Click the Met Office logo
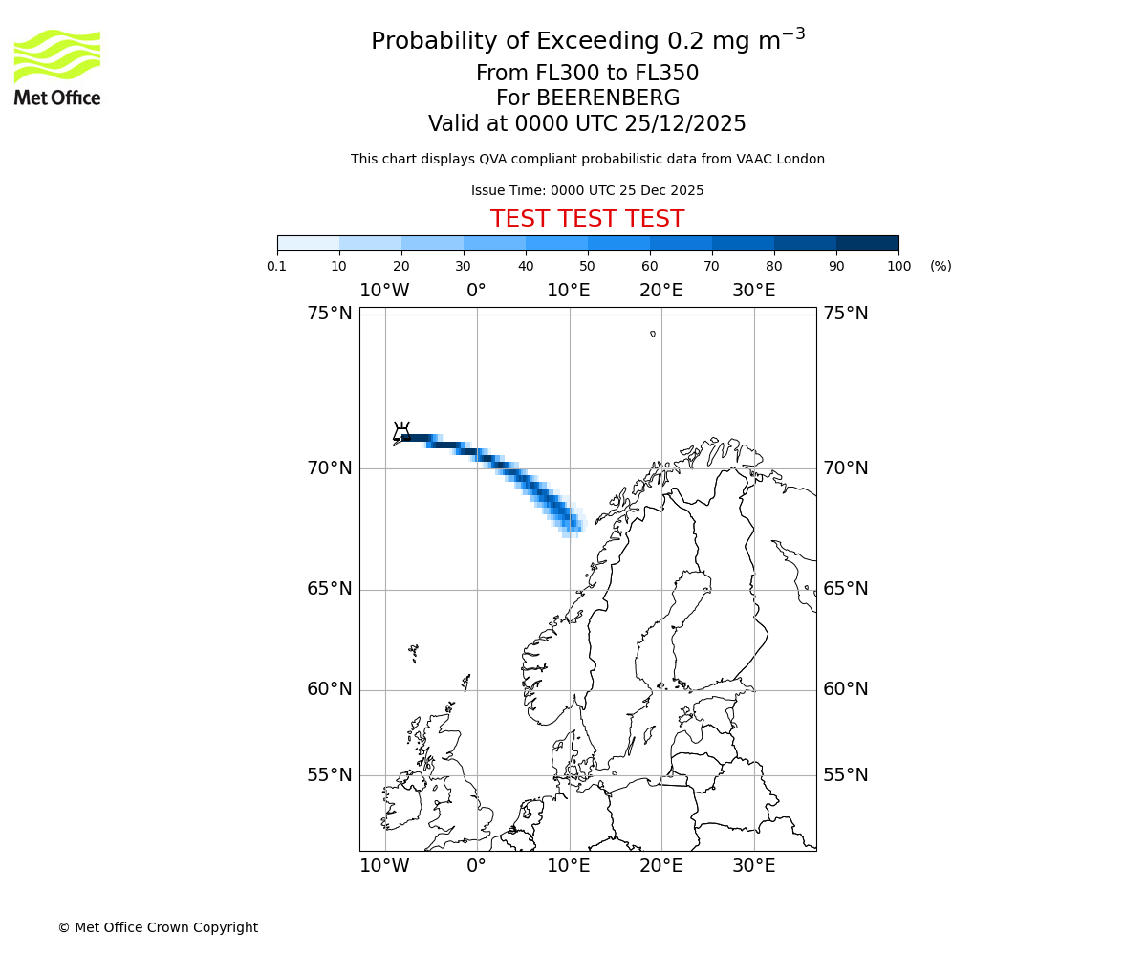pyautogui.click(x=57, y=67)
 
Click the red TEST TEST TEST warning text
pyautogui.click(x=587, y=220)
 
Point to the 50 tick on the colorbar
pyautogui.click(x=588, y=266)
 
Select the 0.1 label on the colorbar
pyautogui.click(x=277, y=266)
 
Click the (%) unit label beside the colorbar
pyautogui.click(x=941, y=266)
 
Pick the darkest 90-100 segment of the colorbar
pyautogui.click(x=867, y=243)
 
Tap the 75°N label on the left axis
pyautogui.click(x=330, y=314)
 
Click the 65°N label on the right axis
pyautogui.click(x=846, y=589)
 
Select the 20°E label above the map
pyautogui.click(x=661, y=291)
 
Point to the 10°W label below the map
pyautogui.click(x=384, y=866)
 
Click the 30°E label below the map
pyautogui.click(x=754, y=866)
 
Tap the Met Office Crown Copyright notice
pyautogui.click(x=158, y=927)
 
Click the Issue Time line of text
pyautogui.click(x=587, y=190)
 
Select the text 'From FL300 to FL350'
pyautogui.click(x=587, y=74)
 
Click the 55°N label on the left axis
pyautogui.click(x=330, y=775)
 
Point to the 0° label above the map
pyautogui.click(x=476, y=291)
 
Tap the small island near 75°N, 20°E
pyautogui.click(x=653, y=334)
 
